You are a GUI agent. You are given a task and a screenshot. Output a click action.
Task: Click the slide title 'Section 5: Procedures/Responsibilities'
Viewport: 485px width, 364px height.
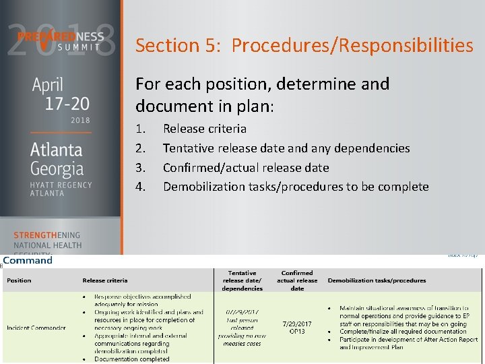(x=304, y=46)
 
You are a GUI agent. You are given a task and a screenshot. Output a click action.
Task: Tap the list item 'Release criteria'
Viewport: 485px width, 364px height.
(x=205, y=128)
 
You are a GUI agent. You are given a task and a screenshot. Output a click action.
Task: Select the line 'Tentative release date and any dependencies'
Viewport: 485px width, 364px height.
(x=286, y=148)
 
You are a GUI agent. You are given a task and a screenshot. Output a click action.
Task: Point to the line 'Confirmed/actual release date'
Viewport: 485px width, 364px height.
(x=246, y=167)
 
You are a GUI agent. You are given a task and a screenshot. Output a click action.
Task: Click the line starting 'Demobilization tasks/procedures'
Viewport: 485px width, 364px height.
(x=296, y=187)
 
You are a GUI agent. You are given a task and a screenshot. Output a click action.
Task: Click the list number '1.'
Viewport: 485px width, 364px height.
(x=141, y=128)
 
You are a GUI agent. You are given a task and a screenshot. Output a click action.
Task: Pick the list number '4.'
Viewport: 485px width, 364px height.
(x=141, y=187)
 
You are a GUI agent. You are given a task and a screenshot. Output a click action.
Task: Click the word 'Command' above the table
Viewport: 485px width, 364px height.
(x=28, y=260)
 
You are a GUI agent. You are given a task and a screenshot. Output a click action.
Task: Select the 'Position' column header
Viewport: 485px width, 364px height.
(x=19, y=280)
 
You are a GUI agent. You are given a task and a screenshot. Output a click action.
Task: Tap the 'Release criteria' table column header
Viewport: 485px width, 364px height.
(x=104, y=280)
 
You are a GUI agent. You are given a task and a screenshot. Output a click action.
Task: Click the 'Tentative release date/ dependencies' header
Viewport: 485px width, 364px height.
(x=243, y=280)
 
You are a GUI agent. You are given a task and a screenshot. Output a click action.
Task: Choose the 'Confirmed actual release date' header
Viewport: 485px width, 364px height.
(x=297, y=280)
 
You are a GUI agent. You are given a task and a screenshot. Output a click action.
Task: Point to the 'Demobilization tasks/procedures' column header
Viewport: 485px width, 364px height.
(x=377, y=280)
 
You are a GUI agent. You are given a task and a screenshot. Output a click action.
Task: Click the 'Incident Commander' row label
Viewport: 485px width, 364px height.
(x=36, y=328)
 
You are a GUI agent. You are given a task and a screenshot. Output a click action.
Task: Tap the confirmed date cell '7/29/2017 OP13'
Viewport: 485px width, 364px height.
(x=297, y=327)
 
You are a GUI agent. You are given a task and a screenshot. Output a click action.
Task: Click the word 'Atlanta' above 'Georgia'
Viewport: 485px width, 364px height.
(x=57, y=150)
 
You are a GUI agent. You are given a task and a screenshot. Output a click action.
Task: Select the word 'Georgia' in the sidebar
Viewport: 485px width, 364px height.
(x=57, y=168)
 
